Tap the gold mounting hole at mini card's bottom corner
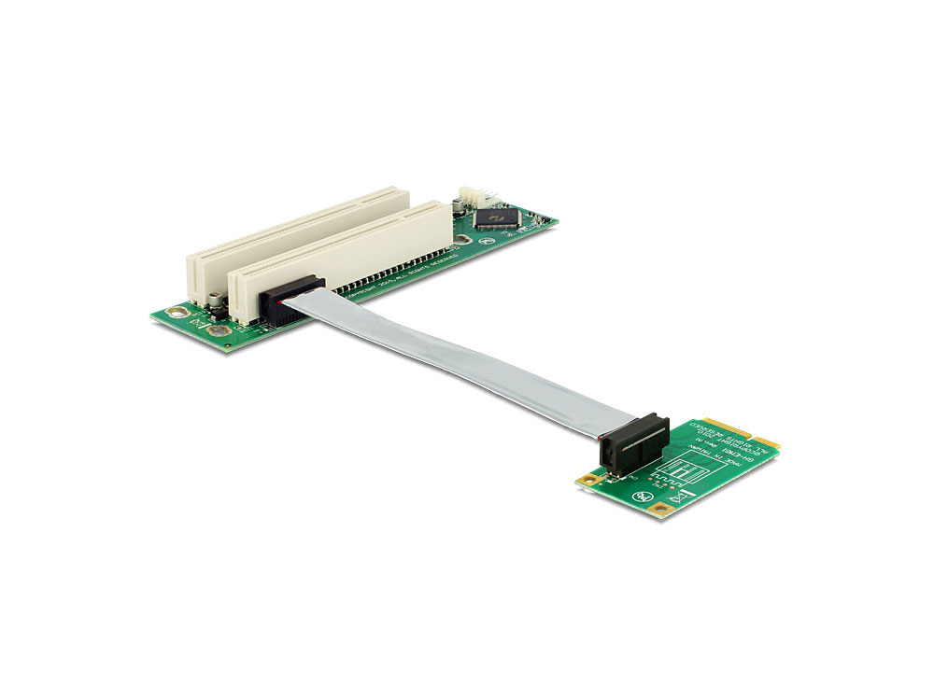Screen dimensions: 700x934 tap(662, 510)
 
